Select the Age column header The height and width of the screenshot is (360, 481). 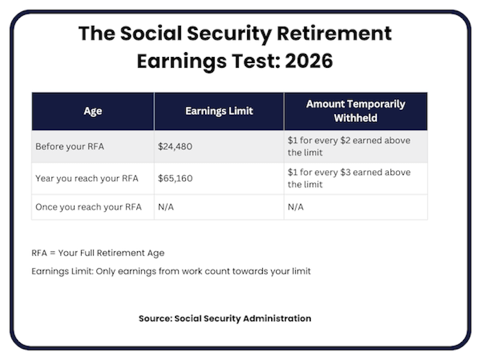[x=93, y=111]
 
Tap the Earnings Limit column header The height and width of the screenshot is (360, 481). [x=219, y=111]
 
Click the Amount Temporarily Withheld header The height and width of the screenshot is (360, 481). [x=355, y=111]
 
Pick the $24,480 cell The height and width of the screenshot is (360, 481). [x=175, y=146]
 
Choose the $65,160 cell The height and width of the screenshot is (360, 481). [x=175, y=178]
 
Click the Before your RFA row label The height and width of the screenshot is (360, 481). [x=69, y=146]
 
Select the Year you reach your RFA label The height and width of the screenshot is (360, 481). [x=87, y=178]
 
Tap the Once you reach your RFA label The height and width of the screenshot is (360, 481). [x=88, y=207]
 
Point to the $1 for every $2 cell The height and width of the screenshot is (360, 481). [x=349, y=146]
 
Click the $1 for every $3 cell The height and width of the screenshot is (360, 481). [x=349, y=178]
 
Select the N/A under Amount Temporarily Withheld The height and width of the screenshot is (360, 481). [x=296, y=207]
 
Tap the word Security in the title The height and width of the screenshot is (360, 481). [x=219, y=33]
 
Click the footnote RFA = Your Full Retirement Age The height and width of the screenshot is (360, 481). [x=98, y=253]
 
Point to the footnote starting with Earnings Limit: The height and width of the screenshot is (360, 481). [x=171, y=271]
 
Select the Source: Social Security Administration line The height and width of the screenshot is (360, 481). [x=225, y=319]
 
